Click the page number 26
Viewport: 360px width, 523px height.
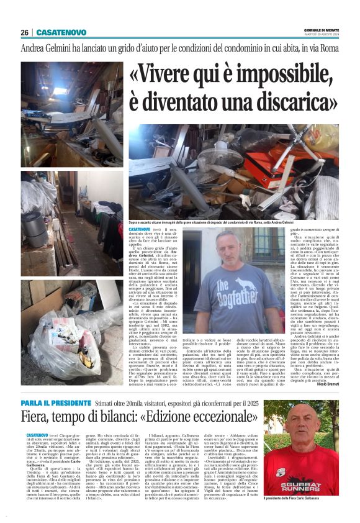(x=24, y=32)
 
